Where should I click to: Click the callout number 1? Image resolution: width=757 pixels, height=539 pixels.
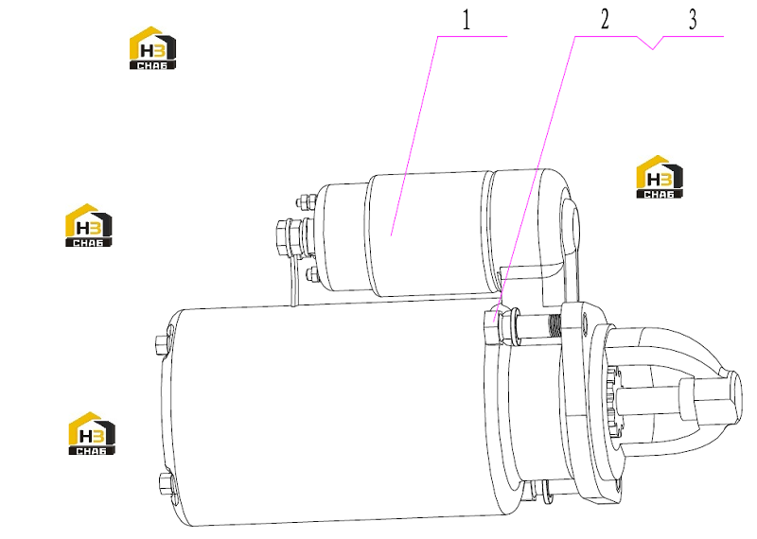[x=466, y=20]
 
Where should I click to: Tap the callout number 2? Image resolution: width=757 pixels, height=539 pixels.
[x=605, y=19]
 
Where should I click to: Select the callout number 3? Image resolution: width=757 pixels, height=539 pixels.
[x=693, y=20]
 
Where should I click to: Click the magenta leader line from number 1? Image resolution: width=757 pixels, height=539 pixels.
[x=414, y=135]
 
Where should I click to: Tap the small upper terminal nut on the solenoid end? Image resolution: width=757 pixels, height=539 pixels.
[x=304, y=201]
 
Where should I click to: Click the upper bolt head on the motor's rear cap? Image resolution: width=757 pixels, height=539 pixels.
[x=161, y=344]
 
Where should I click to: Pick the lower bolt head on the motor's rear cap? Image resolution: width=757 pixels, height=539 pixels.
[x=165, y=483]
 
